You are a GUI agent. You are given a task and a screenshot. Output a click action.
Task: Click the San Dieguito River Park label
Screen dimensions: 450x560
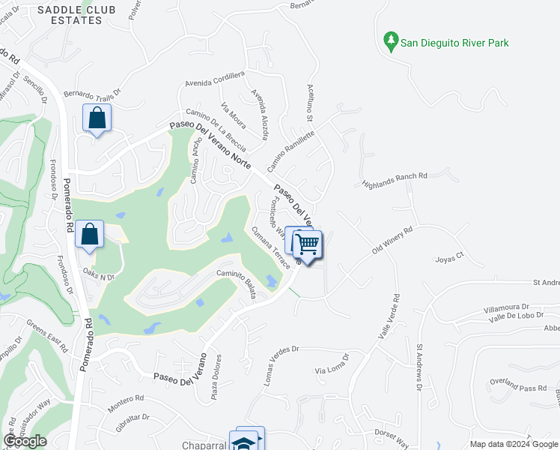454,43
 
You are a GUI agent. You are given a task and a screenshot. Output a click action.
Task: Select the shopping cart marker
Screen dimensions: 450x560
307,244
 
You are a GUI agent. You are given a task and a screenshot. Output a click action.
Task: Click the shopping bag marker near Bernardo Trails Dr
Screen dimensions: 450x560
97,118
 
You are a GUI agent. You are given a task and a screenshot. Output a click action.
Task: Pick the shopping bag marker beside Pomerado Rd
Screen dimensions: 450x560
90,234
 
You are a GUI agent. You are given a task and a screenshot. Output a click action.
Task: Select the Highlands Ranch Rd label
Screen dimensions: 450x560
394,180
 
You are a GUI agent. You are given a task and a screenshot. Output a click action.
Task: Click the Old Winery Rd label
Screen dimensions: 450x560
392,241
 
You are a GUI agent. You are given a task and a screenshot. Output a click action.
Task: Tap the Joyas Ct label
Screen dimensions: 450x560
451,259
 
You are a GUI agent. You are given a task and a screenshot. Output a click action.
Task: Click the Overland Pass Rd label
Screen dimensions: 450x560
518,388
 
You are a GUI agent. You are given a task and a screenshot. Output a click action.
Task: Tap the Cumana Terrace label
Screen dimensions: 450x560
271,248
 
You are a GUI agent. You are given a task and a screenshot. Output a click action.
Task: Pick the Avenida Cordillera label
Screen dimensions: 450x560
215,79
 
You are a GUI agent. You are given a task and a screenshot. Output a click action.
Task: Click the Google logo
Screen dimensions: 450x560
25,441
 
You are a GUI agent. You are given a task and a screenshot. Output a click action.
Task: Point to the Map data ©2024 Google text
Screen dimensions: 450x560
513,444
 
